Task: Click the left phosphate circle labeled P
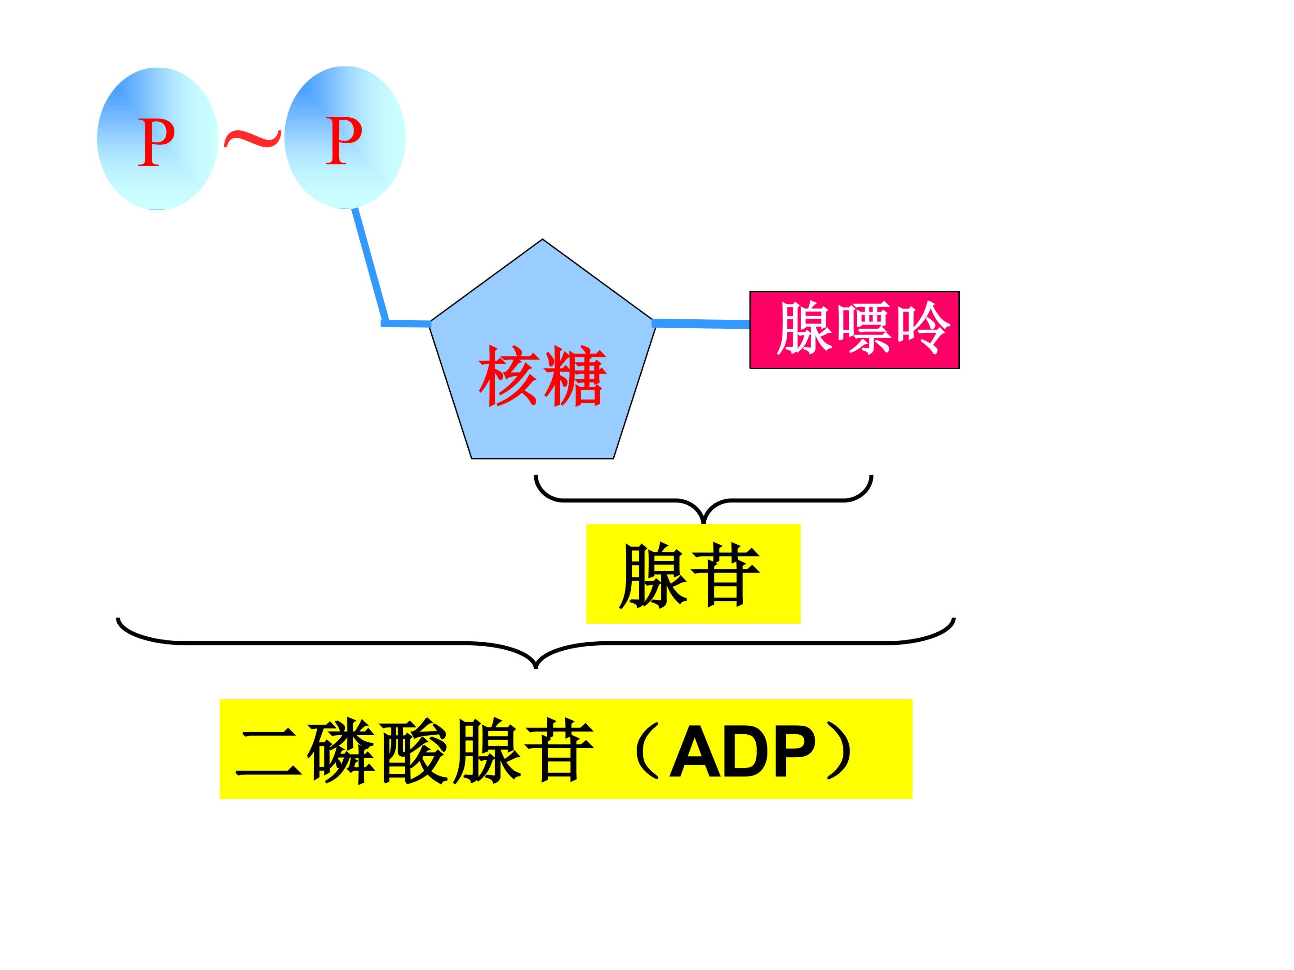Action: (157, 139)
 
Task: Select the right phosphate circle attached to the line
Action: (345, 137)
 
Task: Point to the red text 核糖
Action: (542, 376)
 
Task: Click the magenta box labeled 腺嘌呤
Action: (855, 330)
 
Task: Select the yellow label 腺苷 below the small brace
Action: (693, 573)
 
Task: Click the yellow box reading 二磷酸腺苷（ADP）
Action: (566, 749)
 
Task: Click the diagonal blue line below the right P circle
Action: (370, 265)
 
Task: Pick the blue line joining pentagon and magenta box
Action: (701, 323)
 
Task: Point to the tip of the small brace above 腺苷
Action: (703, 523)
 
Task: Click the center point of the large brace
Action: (536, 667)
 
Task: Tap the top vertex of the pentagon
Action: (542, 239)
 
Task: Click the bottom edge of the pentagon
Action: (542, 459)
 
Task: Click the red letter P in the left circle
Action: (157, 141)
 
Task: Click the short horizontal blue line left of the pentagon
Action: (406, 323)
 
